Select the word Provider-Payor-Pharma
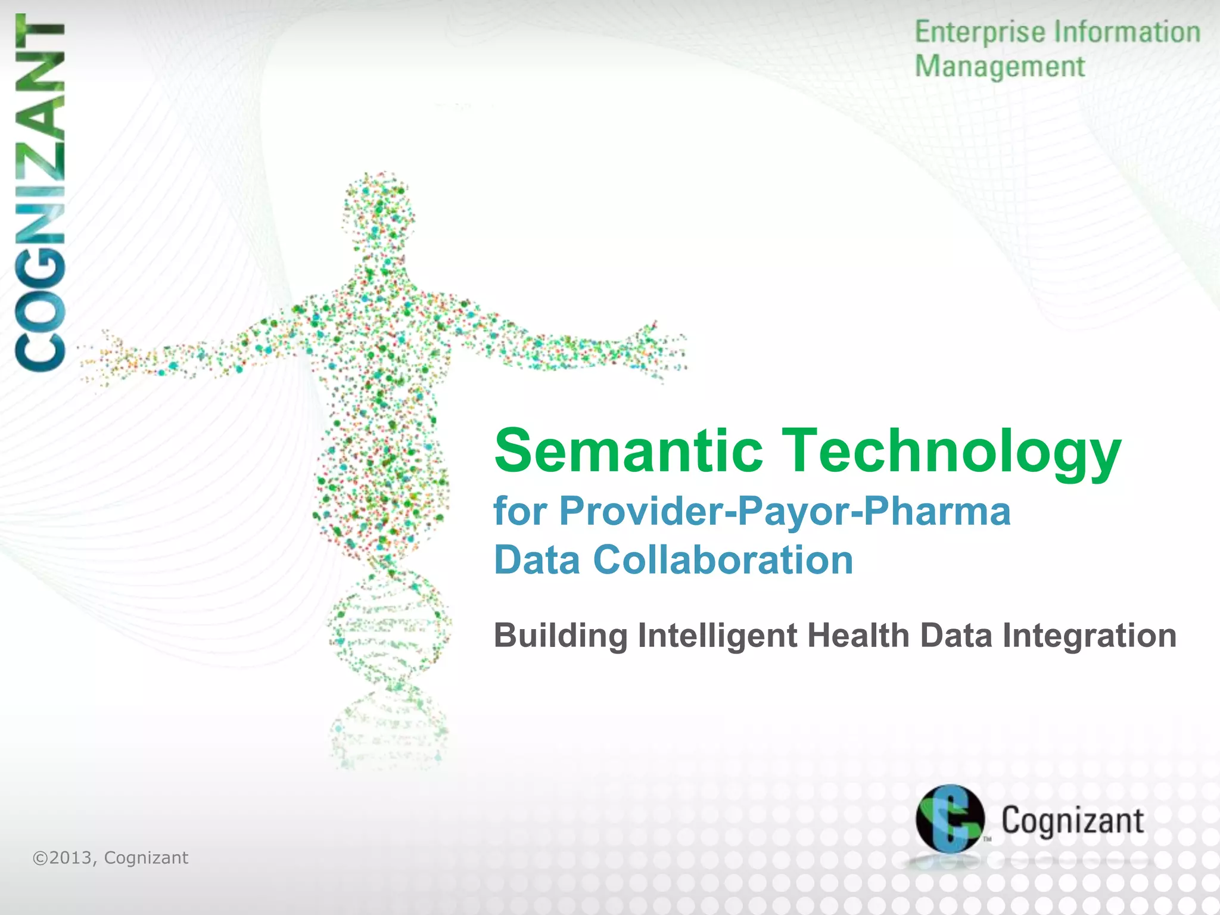click(x=785, y=512)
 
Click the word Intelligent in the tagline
click(x=717, y=635)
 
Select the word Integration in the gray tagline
click(x=1090, y=636)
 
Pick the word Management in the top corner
click(x=1000, y=67)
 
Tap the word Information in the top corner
click(x=1127, y=32)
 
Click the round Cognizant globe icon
click(x=950, y=818)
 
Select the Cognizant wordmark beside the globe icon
click(x=1072, y=821)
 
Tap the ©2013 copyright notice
click(x=110, y=858)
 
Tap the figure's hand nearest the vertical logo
click(x=107, y=357)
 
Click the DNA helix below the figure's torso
click(x=388, y=625)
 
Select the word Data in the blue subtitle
click(x=537, y=561)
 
